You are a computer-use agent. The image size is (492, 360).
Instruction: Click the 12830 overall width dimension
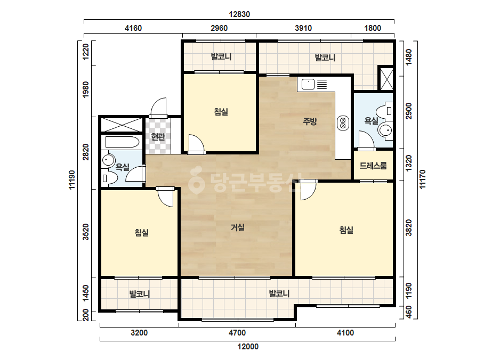pyautogui.click(x=239, y=14)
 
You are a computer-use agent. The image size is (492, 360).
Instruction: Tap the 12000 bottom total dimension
pyautogui.click(x=248, y=347)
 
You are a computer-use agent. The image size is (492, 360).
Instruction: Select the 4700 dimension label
pyautogui.click(x=237, y=333)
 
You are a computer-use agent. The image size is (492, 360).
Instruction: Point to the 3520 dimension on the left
pyautogui.click(x=86, y=232)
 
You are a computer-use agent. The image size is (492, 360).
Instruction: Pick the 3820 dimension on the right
pyautogui.click(x=409, y=228)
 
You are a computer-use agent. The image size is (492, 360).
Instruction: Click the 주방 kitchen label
pyautogui.click(x=310, y=121)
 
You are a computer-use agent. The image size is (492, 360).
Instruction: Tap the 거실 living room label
pyautogui.click(x=238, y=227)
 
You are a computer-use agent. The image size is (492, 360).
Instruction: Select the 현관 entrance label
pyautogui.click(x=158, y=137)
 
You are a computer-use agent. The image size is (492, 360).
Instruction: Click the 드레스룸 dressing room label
pyautogui.click(x=373, y=166)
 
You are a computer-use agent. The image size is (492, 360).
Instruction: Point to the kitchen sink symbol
pyautogui.click(x=308, y=84)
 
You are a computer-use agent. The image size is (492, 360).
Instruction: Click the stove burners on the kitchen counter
pyautogui.click(x=343, y=122)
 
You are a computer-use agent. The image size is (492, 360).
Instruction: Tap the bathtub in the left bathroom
pyautogui.click(x=122, y=142)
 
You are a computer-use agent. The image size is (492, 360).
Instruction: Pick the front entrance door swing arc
pyautogui.click(x=158, y=107)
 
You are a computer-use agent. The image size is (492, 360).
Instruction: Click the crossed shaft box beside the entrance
pyautogui.click(x=122, y=125)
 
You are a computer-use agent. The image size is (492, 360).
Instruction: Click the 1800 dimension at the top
pyautogui.click(x=373, y=28)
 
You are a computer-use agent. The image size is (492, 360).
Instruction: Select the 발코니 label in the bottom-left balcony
pyautogui.click(x=140, y=294)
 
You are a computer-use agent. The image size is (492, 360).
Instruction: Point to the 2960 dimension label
pyautogui.click(x=219, y=28)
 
